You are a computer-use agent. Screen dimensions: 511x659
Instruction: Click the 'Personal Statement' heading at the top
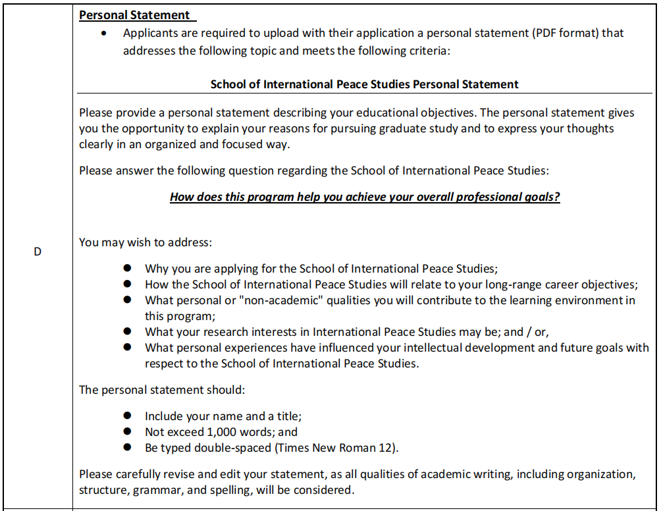tap(134, 15)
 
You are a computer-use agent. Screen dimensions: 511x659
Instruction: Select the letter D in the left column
tap(38, 252)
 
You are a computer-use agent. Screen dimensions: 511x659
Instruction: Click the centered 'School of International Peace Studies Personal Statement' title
tap(364, 84)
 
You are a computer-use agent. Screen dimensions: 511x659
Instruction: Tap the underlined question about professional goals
tap(365, 197)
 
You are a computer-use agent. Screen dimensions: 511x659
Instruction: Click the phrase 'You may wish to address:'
tap(145, 242)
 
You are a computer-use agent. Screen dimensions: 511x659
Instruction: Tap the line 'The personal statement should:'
tap(162, 390)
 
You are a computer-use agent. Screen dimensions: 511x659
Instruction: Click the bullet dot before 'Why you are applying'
tap(127, 269)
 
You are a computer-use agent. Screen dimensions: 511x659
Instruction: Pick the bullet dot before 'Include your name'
tap(127, 416)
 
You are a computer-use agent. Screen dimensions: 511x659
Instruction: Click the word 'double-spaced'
tap(220, 448)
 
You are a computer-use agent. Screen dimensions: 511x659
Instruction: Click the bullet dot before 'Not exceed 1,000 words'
tap(127, 432)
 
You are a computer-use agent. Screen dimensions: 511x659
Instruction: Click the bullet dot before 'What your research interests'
tap(127, 332)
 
